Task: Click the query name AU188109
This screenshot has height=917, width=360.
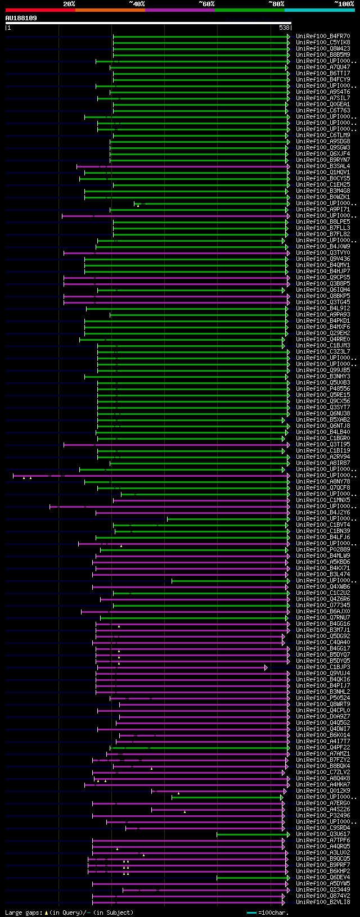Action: pos(21,18)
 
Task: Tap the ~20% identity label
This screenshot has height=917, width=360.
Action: pos(69,4)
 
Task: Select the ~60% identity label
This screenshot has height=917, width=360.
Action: pos(206,4)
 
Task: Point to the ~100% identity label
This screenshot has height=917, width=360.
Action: pos(344,4)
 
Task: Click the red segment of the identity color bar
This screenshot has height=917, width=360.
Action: pos(40,10)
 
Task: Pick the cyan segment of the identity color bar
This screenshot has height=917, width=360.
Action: pos(319,10)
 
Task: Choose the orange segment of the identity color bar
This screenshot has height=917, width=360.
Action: pos(110,10)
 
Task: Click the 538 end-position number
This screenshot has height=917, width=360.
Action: pos(284,28)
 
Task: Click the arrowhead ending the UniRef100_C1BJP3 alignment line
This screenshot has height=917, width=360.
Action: pos(266,667)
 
